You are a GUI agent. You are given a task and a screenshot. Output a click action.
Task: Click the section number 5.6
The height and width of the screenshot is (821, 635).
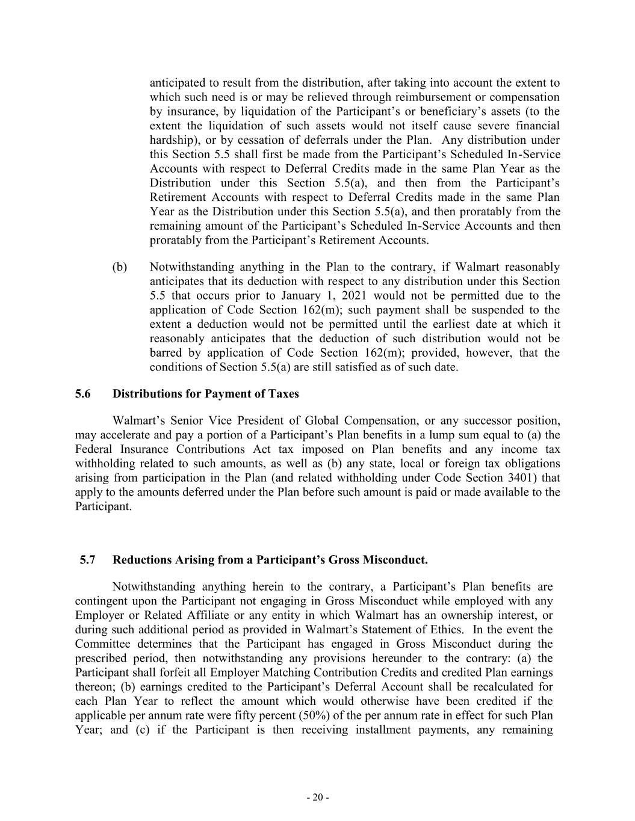(82, 394)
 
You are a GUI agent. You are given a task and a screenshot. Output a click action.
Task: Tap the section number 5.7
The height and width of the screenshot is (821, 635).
(87, 560)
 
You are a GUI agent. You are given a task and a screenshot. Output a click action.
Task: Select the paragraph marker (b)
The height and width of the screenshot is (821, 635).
(120, 267)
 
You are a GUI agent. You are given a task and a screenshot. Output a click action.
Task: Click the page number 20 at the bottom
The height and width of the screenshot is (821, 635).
(317, 798)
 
